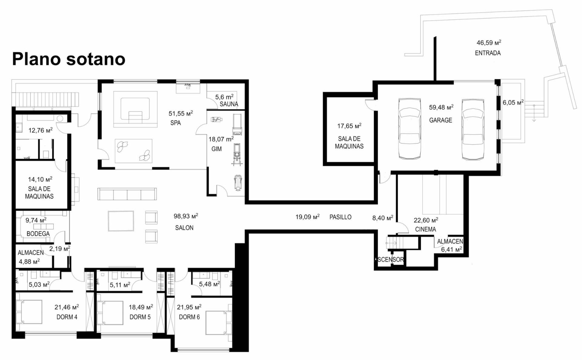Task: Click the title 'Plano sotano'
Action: point(69,59)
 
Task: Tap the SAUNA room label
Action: point(229,104)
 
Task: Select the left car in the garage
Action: point(410,129)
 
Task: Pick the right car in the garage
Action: point(473,129)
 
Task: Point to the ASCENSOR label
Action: point(390,260)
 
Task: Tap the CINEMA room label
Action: point(426,230)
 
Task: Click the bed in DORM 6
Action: point(218,322)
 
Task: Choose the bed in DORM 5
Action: point(110,313)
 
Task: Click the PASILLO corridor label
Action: point(340,217)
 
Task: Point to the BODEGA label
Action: point(38,234)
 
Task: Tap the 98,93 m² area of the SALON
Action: point(186,216)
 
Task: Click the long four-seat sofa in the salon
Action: point(127,194)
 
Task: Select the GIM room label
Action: point(217,149)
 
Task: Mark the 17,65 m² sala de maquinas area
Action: point(349,126)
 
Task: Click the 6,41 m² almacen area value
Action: point(452,249)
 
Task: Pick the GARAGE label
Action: point(441,120)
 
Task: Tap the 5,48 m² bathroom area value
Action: point(210,284)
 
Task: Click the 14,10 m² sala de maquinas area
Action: point(40,179)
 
